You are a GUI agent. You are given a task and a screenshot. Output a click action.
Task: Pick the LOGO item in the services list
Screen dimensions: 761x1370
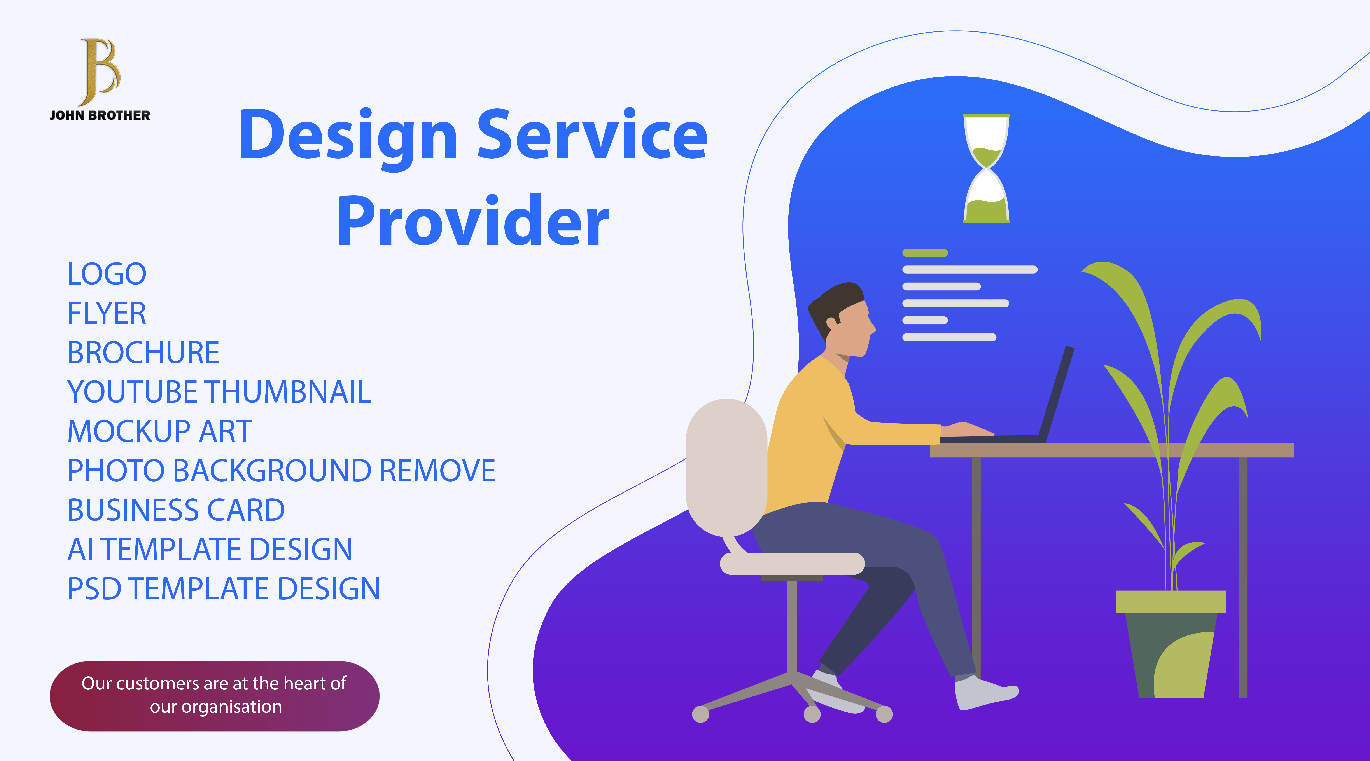(x=106, y=274)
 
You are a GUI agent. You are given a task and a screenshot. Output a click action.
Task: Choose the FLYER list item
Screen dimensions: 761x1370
(x=106, y=313)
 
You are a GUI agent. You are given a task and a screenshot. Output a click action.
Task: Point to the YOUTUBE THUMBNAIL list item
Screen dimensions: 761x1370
(x=219, y=392)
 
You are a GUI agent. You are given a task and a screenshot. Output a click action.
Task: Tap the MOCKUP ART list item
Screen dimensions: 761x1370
(x=159, y=431)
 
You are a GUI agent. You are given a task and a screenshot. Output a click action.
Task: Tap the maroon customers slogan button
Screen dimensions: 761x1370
(x=214, y=696)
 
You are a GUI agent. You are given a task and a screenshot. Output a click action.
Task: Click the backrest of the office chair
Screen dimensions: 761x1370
(x=726, y=468)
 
